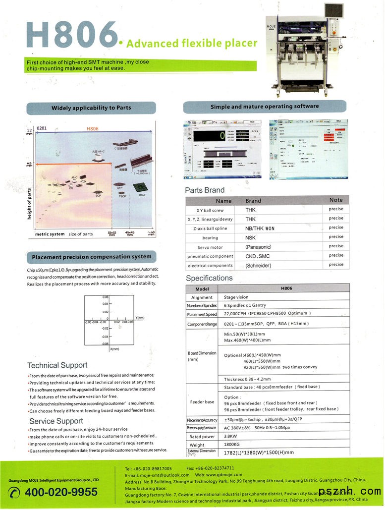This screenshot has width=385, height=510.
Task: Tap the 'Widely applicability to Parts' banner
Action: (91, 108)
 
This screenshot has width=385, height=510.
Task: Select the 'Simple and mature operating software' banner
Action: (265, 107)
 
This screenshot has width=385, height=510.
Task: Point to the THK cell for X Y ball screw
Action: (251, 210)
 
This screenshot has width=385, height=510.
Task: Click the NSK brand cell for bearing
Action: (251, 238)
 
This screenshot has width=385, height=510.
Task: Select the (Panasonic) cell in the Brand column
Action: (259, 247)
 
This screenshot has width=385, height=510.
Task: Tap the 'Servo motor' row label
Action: (210, 247)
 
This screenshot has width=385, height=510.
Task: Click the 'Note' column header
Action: (336, 200)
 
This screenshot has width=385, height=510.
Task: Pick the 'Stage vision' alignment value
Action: (236, 297)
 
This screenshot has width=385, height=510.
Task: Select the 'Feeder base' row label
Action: (202, 402)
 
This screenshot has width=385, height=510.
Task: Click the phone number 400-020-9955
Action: (61, 492)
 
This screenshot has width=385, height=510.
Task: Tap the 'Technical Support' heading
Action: (57, 366)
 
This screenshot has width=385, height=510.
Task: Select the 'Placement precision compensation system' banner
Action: (92, 257)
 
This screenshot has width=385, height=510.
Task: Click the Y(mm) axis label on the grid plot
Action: (140, 317)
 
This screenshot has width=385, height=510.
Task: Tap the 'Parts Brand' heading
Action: (205, 190)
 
